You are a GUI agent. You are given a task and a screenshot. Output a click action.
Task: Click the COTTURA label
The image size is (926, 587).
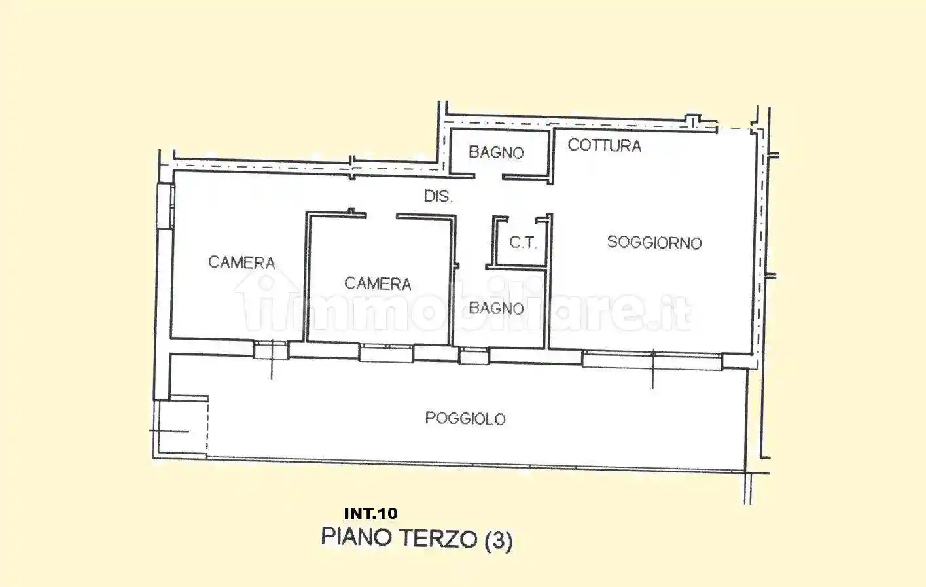pos(604,145)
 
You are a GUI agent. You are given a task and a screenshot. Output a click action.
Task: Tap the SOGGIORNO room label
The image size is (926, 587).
pos(654,243)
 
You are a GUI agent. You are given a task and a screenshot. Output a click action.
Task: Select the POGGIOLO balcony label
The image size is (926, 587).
pos(465,418)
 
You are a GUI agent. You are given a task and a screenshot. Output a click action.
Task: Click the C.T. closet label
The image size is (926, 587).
pos(522,243)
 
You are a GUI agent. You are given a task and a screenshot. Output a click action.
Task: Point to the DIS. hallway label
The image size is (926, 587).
pos(438,196)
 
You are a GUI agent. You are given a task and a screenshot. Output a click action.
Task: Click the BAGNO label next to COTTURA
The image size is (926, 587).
pos(496,152)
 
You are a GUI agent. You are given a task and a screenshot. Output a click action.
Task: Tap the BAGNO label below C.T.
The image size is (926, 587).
pos(496,308)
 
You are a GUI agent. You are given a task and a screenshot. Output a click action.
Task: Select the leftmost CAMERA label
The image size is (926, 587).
pos(241,262)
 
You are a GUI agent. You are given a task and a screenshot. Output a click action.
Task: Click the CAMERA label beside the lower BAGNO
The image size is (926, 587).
pos(378,283)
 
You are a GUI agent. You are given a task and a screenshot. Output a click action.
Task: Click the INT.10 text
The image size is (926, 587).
pos(370,514)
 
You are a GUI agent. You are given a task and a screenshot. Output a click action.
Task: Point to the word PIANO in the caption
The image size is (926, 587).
pos(357,538)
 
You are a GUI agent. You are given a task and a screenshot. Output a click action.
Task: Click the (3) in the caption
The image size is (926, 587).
pos(498,541)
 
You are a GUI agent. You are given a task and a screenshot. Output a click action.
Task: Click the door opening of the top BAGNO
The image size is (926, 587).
pos(488,176)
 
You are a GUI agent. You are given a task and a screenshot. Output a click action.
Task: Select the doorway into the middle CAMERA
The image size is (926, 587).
pos(381,215)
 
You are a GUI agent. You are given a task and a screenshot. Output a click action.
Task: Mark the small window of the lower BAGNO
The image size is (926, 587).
pos(474,357)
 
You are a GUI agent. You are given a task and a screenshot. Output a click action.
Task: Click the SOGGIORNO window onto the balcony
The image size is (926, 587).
pos(652,359)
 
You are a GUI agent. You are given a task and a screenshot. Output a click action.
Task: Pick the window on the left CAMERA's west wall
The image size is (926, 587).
pos(165,205)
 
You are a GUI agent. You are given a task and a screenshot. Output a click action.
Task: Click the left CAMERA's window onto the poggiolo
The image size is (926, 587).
pos(270,350)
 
